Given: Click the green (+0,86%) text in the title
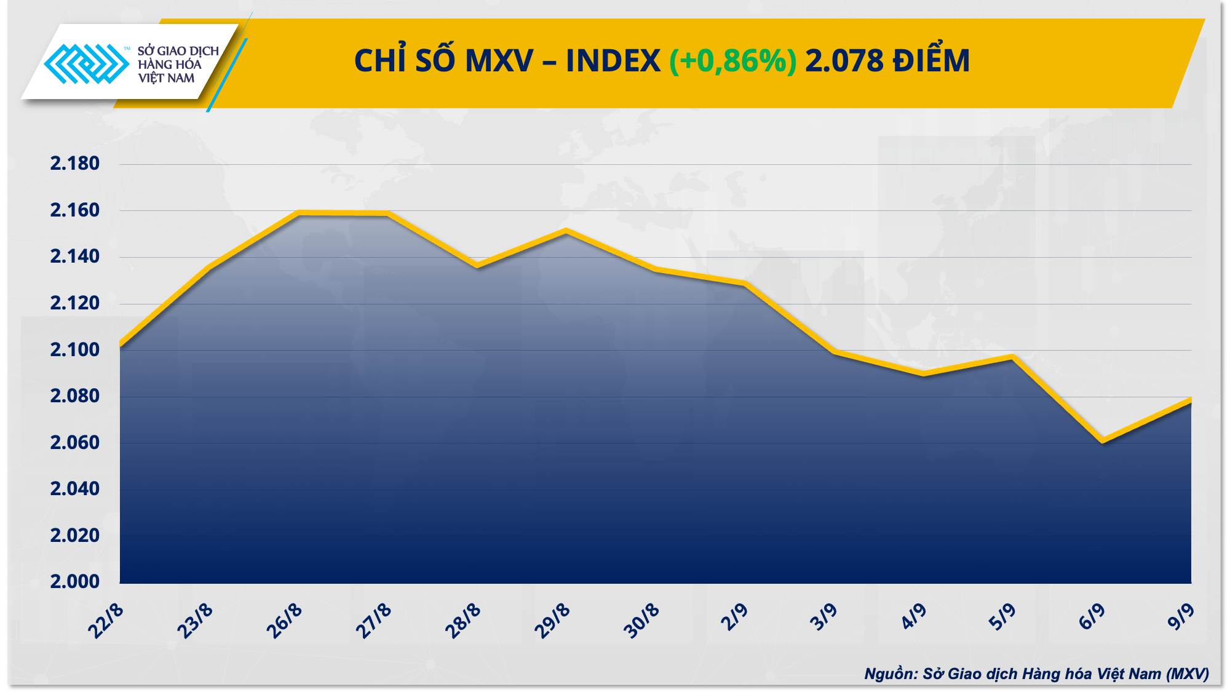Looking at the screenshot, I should click(732, 61).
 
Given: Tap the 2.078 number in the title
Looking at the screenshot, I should click(844, 61).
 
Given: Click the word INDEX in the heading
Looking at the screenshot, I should click(613, 61).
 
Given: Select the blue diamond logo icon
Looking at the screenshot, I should click(86, 63).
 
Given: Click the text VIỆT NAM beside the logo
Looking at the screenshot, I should click(166, 78).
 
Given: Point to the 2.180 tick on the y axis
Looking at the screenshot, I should click(74, 164).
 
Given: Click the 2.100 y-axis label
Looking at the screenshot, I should click(74, 350).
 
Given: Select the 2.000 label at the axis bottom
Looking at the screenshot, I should click(74, 581).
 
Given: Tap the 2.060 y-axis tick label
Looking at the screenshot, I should click(74, 442).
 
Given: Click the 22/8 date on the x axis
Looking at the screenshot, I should click(106, 621).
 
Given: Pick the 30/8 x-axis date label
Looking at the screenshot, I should click(641, 621).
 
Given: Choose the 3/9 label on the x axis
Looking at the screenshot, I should click(823, 618).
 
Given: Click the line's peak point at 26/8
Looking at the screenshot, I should click(300, 213).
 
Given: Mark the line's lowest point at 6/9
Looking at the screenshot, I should click(1102, 440).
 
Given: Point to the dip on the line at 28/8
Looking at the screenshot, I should click(477, 266).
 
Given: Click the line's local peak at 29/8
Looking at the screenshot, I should click(566, 231).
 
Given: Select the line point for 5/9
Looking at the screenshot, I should click(1012, 357).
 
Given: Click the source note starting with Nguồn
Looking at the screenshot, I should click(1036, 674).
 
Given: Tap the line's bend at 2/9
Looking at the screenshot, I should click(745, 284).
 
